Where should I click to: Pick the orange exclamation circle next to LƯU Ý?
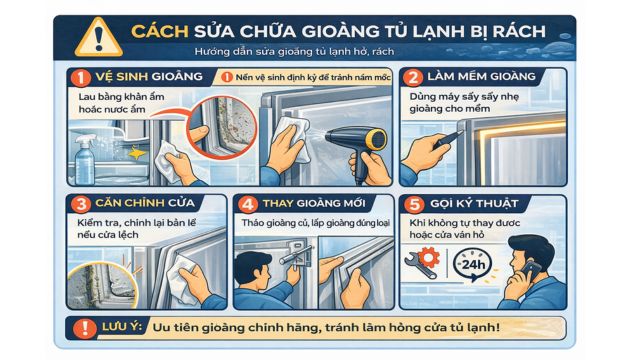point(79,327)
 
